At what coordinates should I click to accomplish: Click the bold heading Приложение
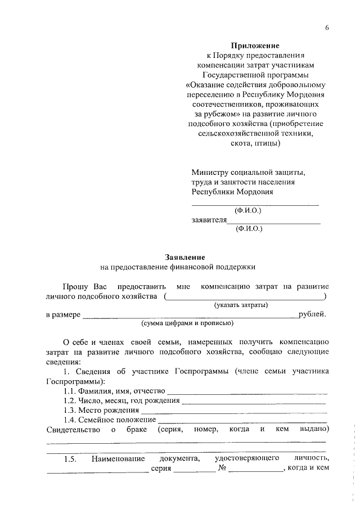click(255, 46)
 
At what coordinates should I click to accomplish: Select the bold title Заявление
click(181, 256)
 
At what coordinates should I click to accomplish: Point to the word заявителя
click(209, 220)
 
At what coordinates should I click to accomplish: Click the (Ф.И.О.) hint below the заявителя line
click(249, 229)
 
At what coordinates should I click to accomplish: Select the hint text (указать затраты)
click(240, 305)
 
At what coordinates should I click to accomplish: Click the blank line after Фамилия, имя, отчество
click(247, 391)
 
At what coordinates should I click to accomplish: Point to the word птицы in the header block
click(266, 143)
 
